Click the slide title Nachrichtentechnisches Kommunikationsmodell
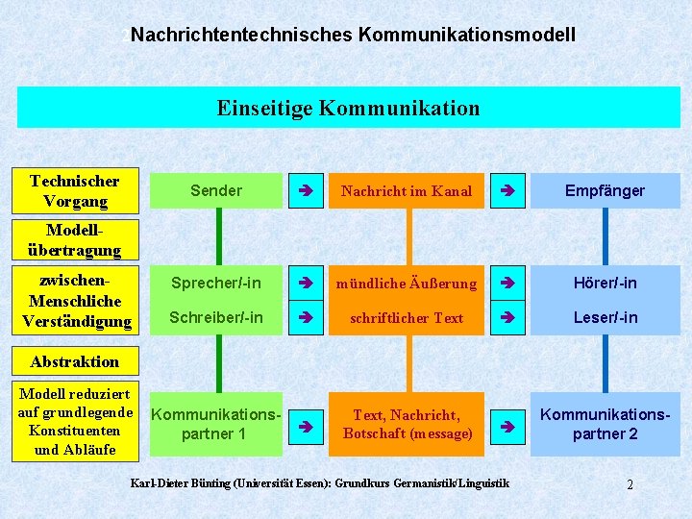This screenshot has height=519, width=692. coord(353,36)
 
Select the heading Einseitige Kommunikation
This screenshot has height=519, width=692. coord(348,108)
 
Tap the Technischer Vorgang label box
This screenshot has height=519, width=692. coord(75,191)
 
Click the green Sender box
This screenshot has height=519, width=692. coord(216,190)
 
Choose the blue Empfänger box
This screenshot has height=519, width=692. coord(605,190)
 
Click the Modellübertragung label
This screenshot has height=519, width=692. coord(75,240)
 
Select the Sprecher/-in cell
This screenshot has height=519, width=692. coord(216,283)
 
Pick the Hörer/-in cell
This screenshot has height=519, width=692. coord(605,283)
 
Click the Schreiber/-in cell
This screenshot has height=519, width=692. coord(216,317)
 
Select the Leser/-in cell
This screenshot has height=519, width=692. coord(605,317)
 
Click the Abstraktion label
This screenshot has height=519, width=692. coord(75,361)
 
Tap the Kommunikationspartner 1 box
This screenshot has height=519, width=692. coord(216,424)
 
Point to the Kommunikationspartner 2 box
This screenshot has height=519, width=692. coord(605,424)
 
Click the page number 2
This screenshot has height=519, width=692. coord(630,484)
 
